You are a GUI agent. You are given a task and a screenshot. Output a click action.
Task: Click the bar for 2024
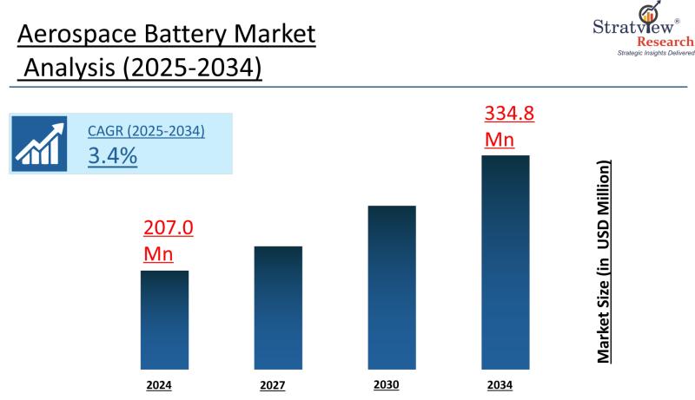click(165, 319)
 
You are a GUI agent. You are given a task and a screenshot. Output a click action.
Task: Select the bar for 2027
click(278, 307)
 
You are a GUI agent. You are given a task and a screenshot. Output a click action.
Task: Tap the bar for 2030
click(392, 287)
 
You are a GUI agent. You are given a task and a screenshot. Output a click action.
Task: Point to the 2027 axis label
click(272, 384)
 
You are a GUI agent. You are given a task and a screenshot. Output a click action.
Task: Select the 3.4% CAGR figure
click(112, 156)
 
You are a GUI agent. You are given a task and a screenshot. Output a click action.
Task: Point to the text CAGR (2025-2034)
click(146, 131)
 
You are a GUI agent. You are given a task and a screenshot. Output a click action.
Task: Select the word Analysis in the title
click(71, 68)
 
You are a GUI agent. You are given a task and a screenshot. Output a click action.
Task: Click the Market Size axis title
click(603, 261)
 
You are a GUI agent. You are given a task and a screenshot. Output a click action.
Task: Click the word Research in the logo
click(665, 42)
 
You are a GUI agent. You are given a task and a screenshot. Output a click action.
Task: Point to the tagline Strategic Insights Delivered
click(656, 54)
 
